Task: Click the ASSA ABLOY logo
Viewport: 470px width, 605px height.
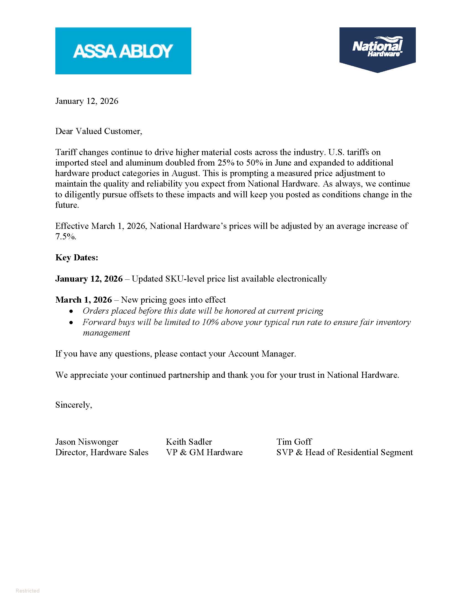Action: [x=123, y=51]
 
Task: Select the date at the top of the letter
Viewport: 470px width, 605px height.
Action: [x=87, y=101]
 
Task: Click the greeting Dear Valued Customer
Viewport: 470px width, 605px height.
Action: [x=99, y=131]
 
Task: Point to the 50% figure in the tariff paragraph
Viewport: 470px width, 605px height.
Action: [x=254, y=163]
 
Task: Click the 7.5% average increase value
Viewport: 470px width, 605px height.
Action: [x=66, y=237]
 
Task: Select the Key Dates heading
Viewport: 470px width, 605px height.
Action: [x=77, y=258]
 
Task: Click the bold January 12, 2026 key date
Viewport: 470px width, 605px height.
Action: [x=89, y=279]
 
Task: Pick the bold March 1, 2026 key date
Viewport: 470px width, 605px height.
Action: [x=83, y=300]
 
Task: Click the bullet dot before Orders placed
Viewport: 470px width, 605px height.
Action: [x=72, y=311]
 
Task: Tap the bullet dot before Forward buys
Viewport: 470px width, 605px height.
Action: [x=72, y=323]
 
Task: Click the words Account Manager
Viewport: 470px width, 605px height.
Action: [x=262, y=354]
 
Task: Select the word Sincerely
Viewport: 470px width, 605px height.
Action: [x=74, y=405]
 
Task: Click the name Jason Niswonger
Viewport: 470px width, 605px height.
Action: [x=87, y=442]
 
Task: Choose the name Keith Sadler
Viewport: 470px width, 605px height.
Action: [x=189, y=442]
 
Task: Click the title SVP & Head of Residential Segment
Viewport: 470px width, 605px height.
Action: [x=344, y=452]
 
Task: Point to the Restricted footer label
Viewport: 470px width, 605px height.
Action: [x=27, y=591]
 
